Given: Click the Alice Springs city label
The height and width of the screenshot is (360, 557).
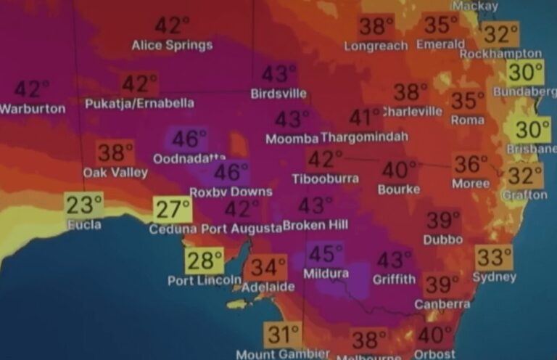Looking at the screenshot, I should (x=172, y=45).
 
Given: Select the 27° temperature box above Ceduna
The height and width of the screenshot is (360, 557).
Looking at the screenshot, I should (x=173, y=210).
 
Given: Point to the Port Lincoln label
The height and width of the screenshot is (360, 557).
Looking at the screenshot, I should (x=205, y=280).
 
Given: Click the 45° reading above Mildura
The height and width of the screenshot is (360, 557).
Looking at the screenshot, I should (x=326, y=255).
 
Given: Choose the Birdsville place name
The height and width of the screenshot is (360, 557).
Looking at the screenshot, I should (x=278, y=94).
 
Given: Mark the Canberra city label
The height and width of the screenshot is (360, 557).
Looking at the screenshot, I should (x=442, y=304).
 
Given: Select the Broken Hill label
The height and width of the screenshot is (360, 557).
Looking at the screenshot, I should (x=315, y=226).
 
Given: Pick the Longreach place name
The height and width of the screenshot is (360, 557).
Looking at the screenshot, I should (x=376, y=45).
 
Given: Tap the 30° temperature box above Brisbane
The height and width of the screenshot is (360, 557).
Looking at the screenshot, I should (x=532, y=131).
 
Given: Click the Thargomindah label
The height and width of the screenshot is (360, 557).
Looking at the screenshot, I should (x=364, y=136).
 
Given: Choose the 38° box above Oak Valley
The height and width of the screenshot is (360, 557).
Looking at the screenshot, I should (x=115, y=153).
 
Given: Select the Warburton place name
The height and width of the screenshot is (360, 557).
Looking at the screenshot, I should (x=32, y=109).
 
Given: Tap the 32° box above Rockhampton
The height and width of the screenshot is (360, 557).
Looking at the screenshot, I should (x=501, y=34).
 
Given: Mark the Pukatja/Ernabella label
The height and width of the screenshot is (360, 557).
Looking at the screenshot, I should (x=139, y=103).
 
